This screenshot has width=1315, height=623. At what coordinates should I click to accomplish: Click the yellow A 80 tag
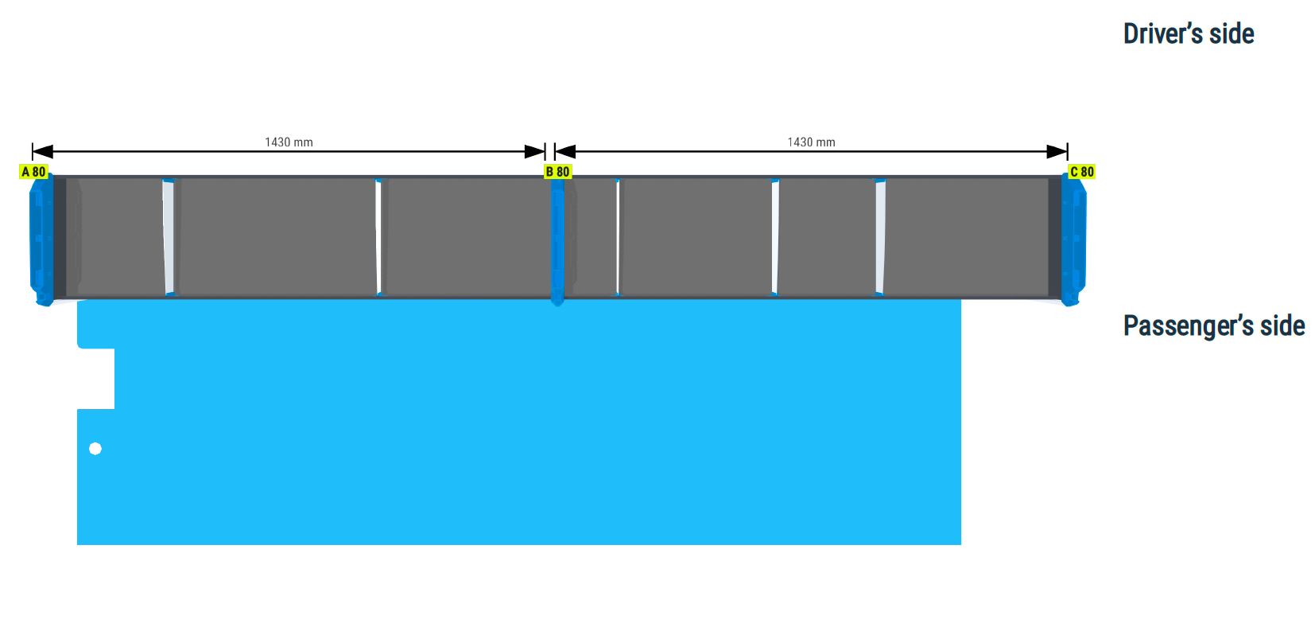[33, 172]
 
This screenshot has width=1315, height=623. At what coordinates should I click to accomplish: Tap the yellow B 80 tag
[557, 172]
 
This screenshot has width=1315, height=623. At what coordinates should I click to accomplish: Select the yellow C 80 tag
[1081, 172]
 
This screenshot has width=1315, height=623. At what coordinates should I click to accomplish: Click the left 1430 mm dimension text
[289, 142]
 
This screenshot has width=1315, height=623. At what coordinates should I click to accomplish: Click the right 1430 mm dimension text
[811, 142]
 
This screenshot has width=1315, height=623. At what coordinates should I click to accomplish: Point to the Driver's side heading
[1189, 33]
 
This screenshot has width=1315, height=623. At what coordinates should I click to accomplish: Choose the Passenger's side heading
[1214, 325]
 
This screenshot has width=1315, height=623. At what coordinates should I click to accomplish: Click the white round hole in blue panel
[95, 449]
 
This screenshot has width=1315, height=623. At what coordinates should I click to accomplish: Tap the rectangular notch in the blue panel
[95, 379]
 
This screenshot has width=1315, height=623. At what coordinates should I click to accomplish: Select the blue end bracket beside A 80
[41, 239]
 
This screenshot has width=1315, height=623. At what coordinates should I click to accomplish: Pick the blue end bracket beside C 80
[1074, 239]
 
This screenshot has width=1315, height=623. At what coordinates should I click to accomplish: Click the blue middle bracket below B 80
[557, 242]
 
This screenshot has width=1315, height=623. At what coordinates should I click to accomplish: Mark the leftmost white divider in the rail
[169, 237]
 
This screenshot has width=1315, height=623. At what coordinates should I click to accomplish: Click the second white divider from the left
[378, 237]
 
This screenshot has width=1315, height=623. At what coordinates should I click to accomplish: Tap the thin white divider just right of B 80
[618, 237]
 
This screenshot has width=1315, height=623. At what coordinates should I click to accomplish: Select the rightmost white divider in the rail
[881, 237]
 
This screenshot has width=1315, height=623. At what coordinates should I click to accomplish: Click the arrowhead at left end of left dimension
[43, 152]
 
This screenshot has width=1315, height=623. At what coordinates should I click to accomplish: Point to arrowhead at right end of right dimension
[1057, 152]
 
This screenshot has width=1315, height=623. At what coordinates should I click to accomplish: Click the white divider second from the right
[775, 237]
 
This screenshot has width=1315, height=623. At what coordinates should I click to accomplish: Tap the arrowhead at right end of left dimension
[535, 152]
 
